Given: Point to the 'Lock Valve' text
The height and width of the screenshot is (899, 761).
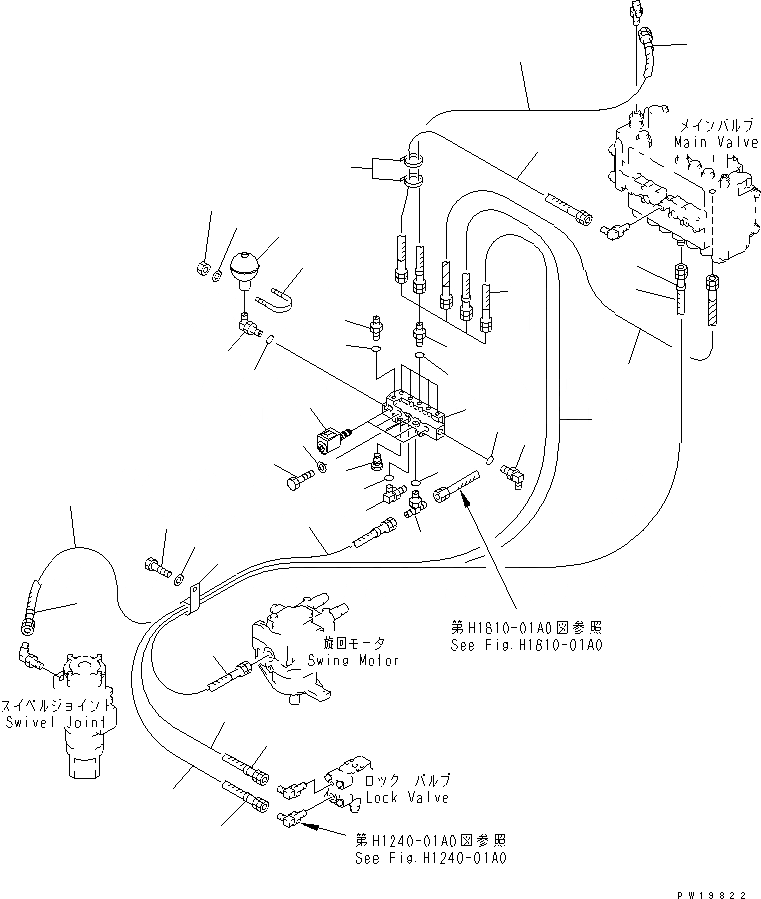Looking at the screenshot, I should coord(407,797).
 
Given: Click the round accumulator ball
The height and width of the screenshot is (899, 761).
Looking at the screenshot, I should coord(245,267).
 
